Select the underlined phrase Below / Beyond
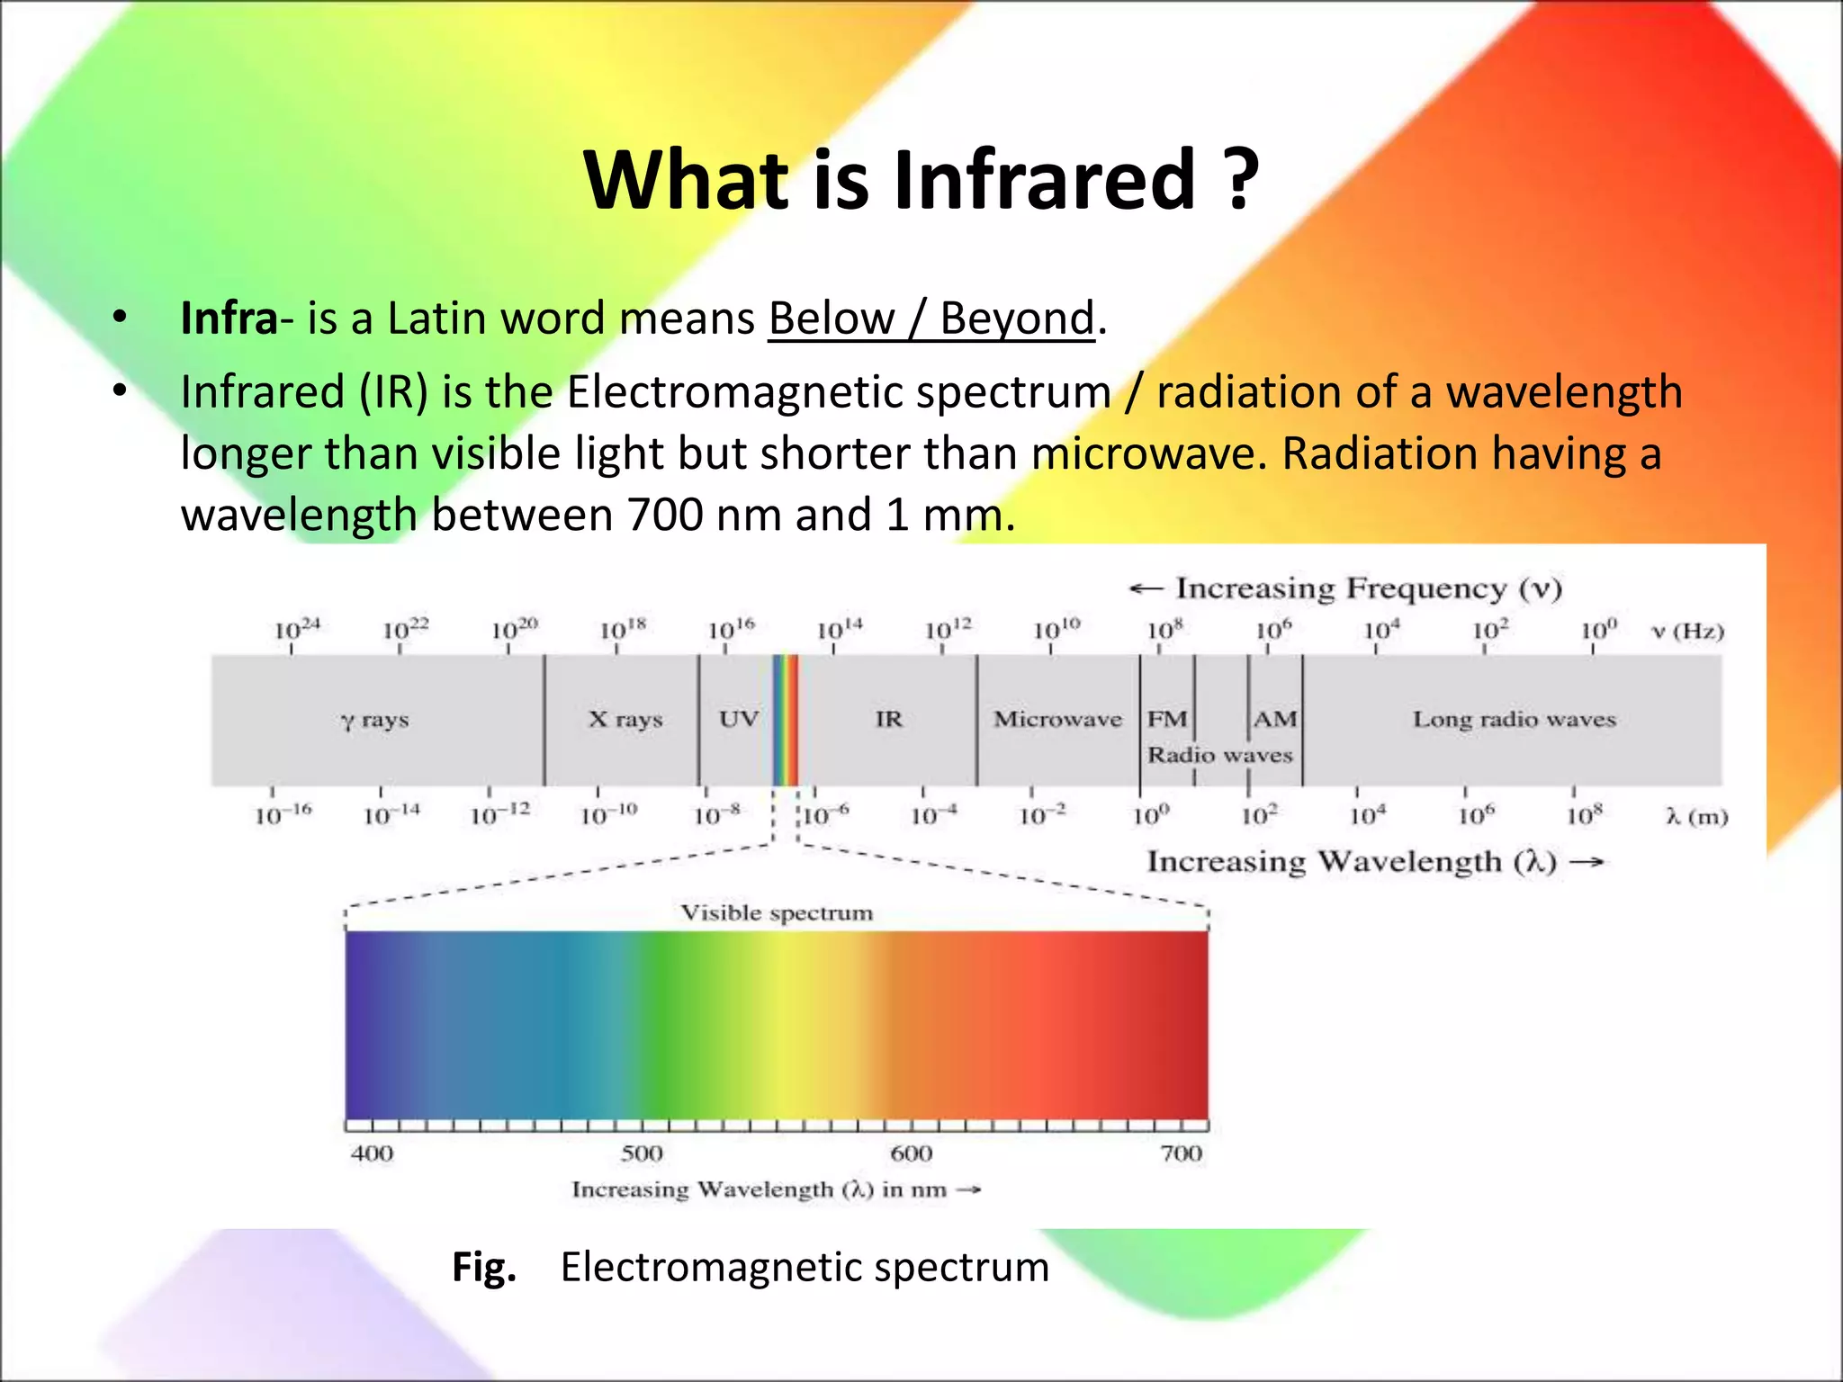coord(931,319)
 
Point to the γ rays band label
coord(375,720)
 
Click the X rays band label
coord(625,719)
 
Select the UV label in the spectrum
coord(738,719)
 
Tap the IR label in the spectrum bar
coord(888,719)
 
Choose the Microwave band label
coord(1057,719)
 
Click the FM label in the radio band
coord(1167,719)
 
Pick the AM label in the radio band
coord(1275,719)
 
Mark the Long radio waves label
coord(1514,719)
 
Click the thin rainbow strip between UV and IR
coord(785,720)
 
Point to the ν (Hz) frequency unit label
coord(1688,631)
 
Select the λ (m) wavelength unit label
coord(1696,817)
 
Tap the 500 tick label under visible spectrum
coord(642,1153)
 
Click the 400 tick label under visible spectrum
coord(372,1153)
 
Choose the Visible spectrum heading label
coord(776,913)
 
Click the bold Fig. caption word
coord(484,1267)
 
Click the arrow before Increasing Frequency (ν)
coord(1146,588)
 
